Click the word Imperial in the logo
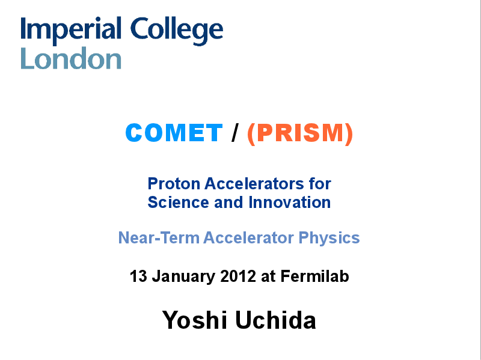71,31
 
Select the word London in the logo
71,58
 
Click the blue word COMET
174,133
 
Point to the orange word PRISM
300,133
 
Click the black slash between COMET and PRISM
235,133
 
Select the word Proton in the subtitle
174,184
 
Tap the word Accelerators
254,184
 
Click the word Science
178,203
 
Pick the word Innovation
290,203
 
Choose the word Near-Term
159,237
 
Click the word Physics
329,238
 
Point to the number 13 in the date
139,276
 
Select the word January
184,277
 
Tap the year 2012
238,276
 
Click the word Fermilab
314,276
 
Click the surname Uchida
275,320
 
